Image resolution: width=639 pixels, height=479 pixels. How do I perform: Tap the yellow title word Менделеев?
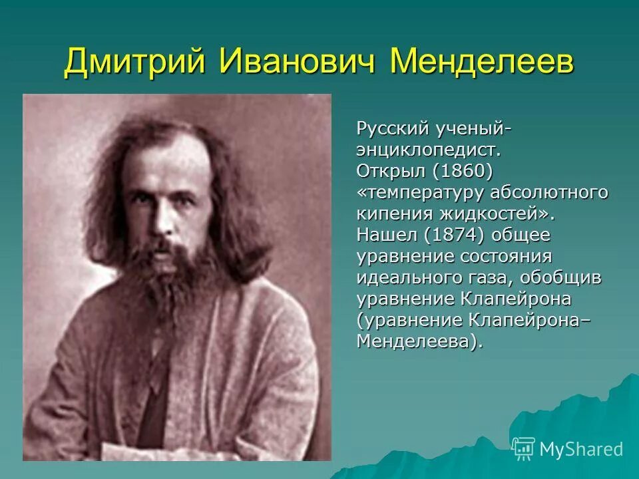(x=483, y=62)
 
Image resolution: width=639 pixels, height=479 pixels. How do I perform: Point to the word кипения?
(x=393, y=214)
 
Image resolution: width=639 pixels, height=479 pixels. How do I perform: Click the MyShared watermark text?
(x=581, y=449)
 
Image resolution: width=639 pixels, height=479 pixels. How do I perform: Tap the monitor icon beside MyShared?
(x=524, y=448)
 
